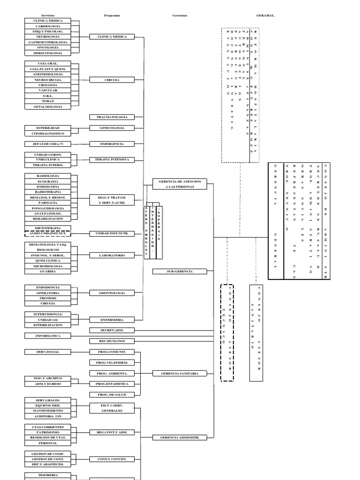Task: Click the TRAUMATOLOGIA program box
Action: (x=112, y=116)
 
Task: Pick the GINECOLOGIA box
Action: (x=112, y=127)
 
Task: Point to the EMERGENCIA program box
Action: (x=112, y=143)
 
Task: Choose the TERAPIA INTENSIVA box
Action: (x=112, y=159)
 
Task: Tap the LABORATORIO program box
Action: (x=112, y=255)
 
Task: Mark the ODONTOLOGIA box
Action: (x=112, y=292)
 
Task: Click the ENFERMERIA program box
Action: (x=112, y=319)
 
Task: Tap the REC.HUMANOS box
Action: (x=112, y=341)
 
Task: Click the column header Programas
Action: (x=112, y=15)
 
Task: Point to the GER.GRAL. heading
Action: (x=265, y=15)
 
